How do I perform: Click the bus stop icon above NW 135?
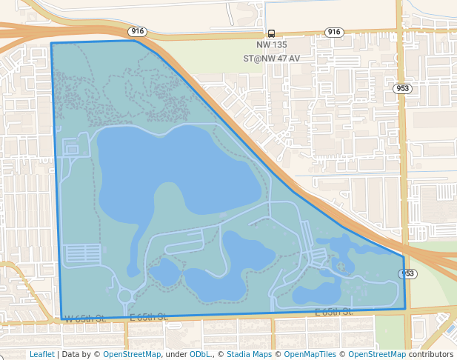click(272, 33)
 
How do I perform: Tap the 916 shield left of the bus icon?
click(137, 32)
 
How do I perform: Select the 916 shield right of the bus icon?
click(334, 32)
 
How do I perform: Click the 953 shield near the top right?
click(403, 88)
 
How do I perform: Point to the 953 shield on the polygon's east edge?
click(407, 274)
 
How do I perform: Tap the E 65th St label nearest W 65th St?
click(148, 318)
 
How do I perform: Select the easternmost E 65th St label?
click(333, 312)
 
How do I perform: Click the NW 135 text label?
click(272, 45)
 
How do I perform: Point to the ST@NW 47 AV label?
click(272, 58)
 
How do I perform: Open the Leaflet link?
click(41, 354)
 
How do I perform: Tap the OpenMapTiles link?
click(310, 354)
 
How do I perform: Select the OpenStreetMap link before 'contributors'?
click(377, 354)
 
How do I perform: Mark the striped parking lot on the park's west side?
click(83, 254)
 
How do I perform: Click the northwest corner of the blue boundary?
click(51, 43)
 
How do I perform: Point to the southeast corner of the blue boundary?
click(405, 308)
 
